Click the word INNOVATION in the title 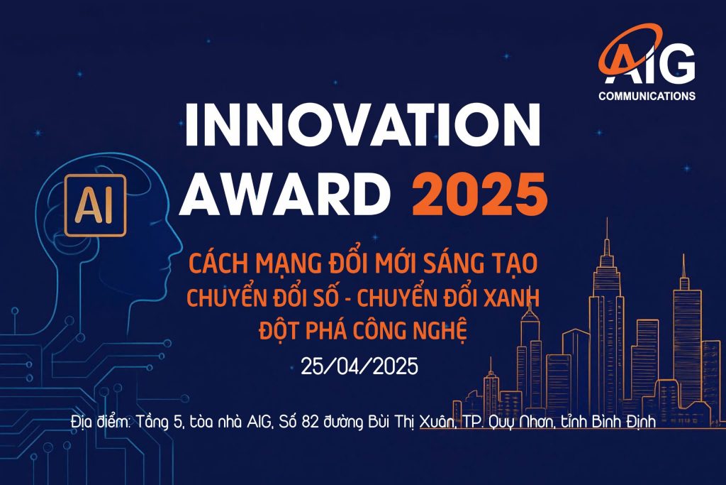click(362, 124)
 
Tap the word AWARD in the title click(284, 193)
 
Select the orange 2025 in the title click(480, 193)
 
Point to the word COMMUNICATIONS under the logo click(647, 96)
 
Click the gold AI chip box click(96, 205)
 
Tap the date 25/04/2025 click(359, 366)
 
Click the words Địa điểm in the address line click(101, 423)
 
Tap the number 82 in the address click(310, 423)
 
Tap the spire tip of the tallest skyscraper click(607, 219)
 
